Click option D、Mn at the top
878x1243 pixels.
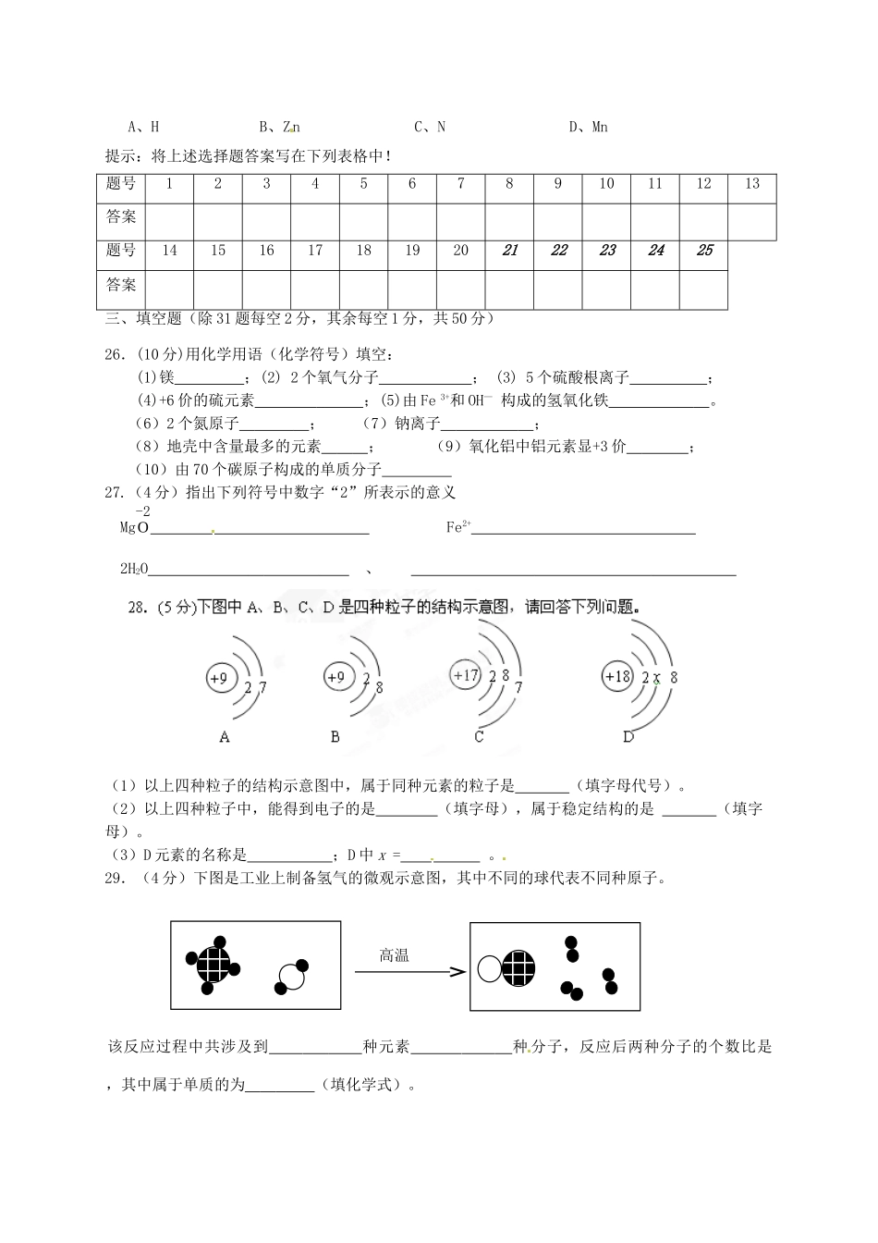click(x=588, y=127)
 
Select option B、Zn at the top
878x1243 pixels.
click(x=279, y=127)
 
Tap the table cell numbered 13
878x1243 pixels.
click(x=751, y=184)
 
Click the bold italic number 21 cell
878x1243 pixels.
click(x=509, y=251)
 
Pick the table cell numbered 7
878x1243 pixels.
click(x=460, y=184)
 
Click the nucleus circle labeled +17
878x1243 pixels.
click(x=466, y=675)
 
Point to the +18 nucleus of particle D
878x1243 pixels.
click(x=616, y=676)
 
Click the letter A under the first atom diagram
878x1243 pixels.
click(x=225, y=737)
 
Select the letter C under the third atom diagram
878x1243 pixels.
click(x=479, y=737)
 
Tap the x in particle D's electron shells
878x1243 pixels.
click(x=656, y=678)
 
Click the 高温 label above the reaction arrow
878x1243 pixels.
click(x=394, y=955)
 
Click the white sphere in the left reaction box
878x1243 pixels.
click(x=289, y=978)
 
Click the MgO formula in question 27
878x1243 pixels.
click(x=134, y=528)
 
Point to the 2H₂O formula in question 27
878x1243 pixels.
click(x=134, y=570)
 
